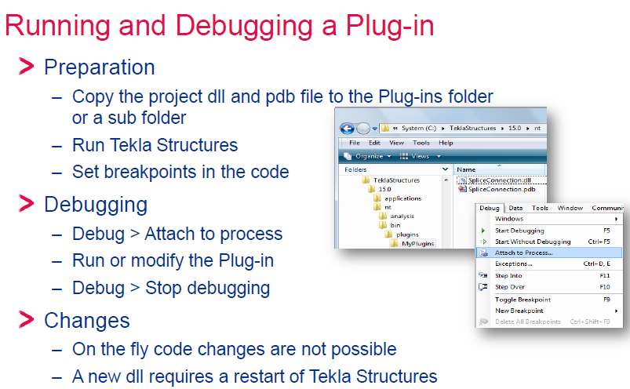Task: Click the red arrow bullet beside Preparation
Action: pos(27,66)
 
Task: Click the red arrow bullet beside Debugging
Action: pos(27,204)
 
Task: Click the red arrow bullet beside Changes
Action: pos(27,319)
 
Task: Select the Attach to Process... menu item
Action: pos(523,253)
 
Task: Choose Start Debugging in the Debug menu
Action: pos(519,231)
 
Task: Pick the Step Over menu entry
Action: pos(510,287)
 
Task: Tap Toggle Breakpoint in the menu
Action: pos(523,300)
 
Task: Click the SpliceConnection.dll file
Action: pos(500,180)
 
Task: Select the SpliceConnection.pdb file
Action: pos(502,189)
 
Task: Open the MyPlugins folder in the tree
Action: pos(418,243)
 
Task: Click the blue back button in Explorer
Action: pos(347,129)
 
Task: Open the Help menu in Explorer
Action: pos(446,143)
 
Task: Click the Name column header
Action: pos(466,169)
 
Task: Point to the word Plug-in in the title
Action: pos(390,26)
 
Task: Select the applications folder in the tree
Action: pos(402,198)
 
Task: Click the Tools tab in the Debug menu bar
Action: pos(540,208)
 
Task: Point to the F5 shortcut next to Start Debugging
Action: pos(606,231)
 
